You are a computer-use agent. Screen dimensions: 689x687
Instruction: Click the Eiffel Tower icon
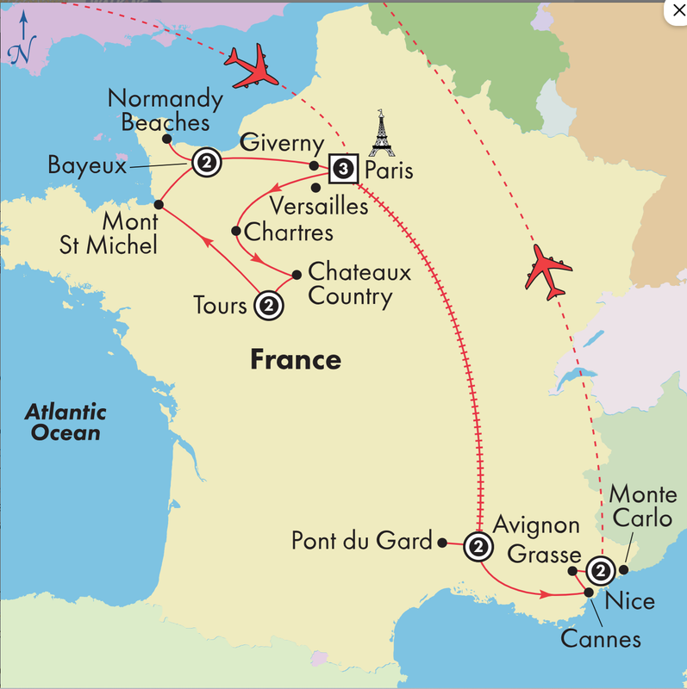pyautogui.click(x=378, y=135)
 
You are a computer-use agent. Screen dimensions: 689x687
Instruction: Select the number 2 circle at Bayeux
pyautogui.click(x=206, y=161)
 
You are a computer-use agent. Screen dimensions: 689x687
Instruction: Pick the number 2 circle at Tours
pyautogui.click(x=268, y=304)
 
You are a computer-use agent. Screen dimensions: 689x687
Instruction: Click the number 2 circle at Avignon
pyautogui.click(x=478, y=545)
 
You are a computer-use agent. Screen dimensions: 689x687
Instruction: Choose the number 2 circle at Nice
pyautogui.click(x=601, y=570)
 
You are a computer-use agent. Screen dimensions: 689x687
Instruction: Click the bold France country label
pyautogui.click(x=296, y=359)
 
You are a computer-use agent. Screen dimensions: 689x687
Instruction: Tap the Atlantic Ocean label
pyautogui.click(x=65, y=422)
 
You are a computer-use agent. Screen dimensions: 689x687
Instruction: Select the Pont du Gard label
pyautogui.click(x=361, y=541)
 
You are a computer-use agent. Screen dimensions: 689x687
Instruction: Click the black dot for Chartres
pyautogui.click(x=236, y=231)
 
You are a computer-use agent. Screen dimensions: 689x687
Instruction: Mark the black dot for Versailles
pyautogui.click(x=315, y=187)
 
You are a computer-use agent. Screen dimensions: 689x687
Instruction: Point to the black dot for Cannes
pyautogui.click(x=589, y=592)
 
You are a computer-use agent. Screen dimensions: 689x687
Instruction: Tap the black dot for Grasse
pyautogui.click(x=573, y=570)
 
